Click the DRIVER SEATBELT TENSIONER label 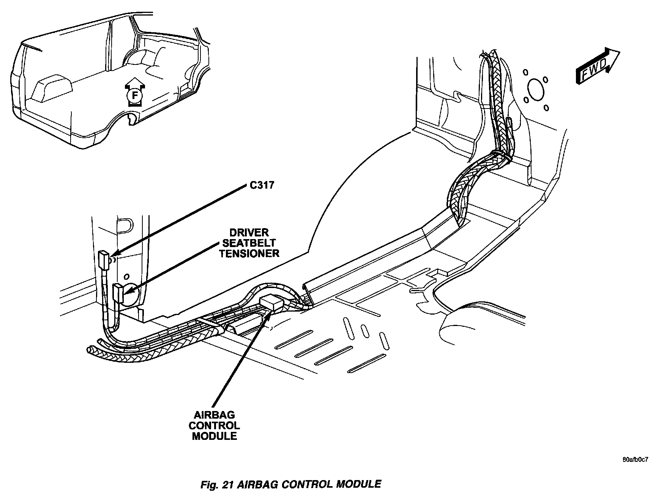pyautogui.click(x=249, y=243)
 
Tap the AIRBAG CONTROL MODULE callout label pyautogui.click(x=215, y=425)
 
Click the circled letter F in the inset pyautogui.click(x=133, y=96)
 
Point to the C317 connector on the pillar pyautogui.click(x=104, y=260)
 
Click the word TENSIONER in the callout pyautogui.click(x=249, y=253)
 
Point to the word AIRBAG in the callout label pyautogui.click(x=215, y=416)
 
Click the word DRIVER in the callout pyautogui.click(x=249, y=233)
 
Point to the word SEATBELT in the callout pyautogui.click(x=249, y=243)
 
